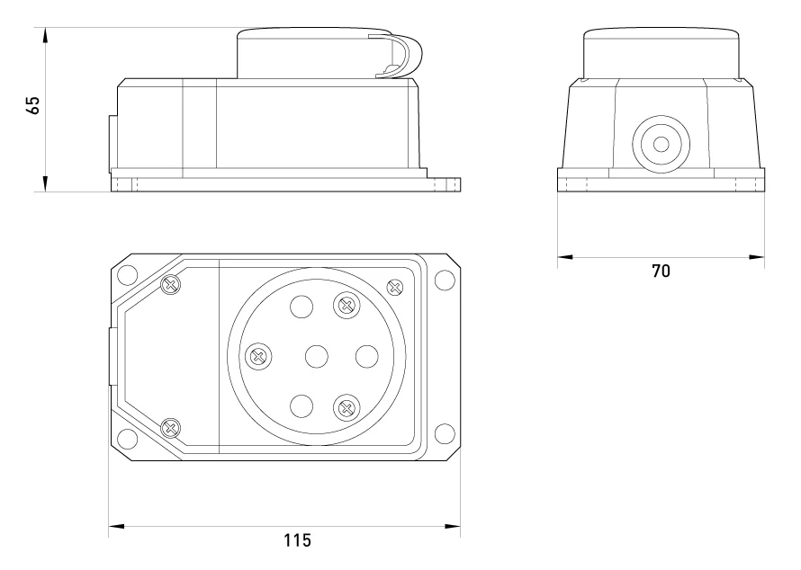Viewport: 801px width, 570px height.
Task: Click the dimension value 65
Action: (x=32, y=105)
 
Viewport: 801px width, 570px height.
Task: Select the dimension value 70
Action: (x=661, y=271)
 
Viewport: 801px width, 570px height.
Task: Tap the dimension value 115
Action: (x=297, y=540)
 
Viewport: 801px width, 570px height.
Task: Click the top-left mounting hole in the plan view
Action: (x=127, y=275)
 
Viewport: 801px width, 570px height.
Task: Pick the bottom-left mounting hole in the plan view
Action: (x=127, y=439)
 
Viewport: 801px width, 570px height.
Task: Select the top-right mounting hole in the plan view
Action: (x=445, y=281)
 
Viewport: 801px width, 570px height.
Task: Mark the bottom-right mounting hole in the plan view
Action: (x=445, y=433)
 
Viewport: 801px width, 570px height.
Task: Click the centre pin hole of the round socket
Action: (x=317, y=356)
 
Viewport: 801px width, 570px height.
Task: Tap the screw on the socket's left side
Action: (x=258, y=356)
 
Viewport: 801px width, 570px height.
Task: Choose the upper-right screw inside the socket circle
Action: (x=346, y=306)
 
